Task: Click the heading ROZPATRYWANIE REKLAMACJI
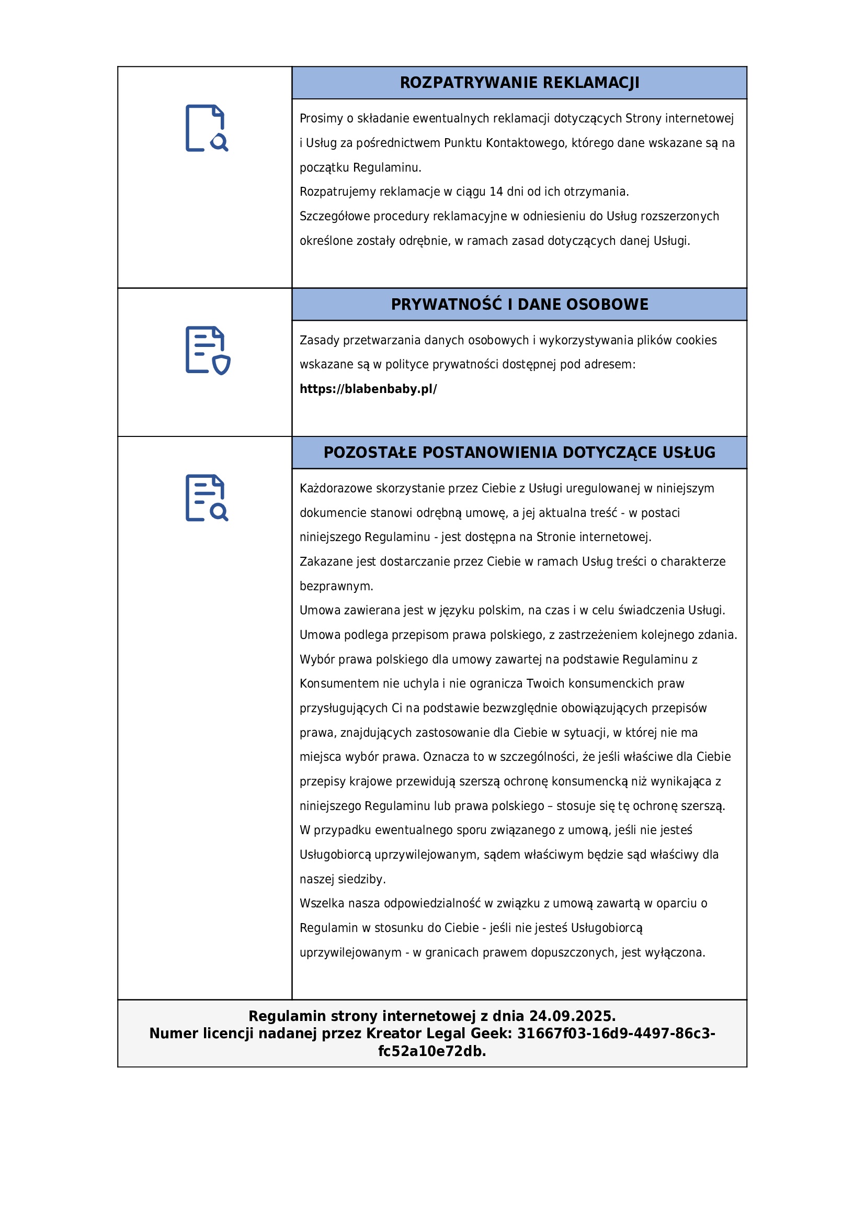pyautogui.click(x=519, y=83)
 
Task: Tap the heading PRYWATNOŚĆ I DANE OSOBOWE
pyautogui.click(x=519, y=305)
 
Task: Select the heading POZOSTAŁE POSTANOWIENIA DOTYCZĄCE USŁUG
pyautogui.click(x=519, y=453)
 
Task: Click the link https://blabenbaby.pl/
pyautogui.click(x=368, y=389)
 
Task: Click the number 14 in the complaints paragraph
pyautogui.click(x=496, y=192)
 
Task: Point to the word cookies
pyautogui.click(x=696, y=340)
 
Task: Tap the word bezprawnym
pyautogui.click(x=336, y=587)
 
